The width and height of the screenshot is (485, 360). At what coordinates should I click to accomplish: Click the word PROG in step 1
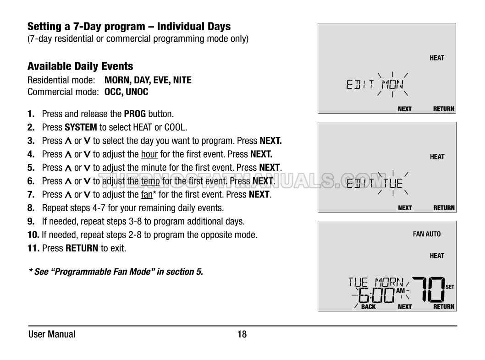click(135, 114)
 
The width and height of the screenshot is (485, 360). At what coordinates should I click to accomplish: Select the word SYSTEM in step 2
click(81, 127)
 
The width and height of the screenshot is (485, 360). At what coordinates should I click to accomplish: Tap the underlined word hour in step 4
click(149, 154)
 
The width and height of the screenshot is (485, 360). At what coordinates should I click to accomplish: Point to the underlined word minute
click(154, 168)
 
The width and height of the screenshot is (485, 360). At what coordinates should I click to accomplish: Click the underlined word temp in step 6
click(150, 181)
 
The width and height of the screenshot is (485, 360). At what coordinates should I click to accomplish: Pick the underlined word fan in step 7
click(147, 194)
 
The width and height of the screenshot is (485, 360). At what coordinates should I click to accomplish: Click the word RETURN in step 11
click(82, 248)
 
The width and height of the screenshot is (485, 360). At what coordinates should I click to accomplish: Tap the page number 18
click(242, 334)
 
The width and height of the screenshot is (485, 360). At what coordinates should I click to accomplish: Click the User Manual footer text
click(52, 334)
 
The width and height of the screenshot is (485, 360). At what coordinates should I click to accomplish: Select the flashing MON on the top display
click(392, 84)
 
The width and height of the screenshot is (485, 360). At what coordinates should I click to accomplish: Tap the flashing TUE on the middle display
click(393, 183)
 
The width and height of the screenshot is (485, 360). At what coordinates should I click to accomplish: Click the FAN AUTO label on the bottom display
click(427, 234)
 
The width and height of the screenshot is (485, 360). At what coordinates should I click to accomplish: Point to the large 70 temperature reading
click(429, 289)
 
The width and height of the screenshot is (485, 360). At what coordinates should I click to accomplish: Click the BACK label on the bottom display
click(369, 306)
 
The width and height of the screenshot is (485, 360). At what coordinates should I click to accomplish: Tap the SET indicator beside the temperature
click(450, 287)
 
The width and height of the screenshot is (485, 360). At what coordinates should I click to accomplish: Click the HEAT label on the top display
click(437, 58)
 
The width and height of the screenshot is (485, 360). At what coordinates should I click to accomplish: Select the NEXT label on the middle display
click(405, 208)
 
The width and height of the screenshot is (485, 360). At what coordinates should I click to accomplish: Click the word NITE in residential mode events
click(182, 80)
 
